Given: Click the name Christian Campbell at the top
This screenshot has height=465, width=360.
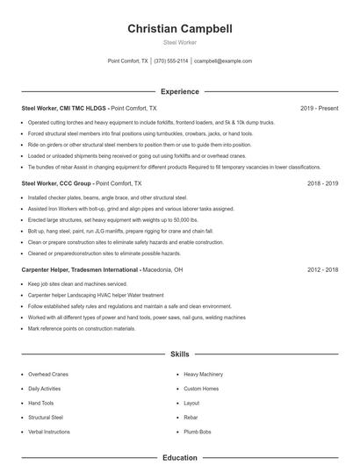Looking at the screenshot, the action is point(180,28).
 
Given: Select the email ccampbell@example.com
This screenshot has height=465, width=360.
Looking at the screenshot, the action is point(223,61).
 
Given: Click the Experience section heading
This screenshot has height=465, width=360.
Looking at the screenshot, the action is point(180,91).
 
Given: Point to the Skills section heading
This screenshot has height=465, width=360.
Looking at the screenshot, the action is point(180,354).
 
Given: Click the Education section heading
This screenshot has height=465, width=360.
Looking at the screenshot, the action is point(180,457).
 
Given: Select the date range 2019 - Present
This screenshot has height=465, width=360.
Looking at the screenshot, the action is point(319,108).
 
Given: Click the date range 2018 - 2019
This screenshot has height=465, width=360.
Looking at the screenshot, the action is point(322,184).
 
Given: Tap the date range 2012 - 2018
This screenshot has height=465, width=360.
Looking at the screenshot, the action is point(322,270).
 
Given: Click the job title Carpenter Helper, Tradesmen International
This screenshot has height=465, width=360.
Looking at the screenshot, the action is point(80,270).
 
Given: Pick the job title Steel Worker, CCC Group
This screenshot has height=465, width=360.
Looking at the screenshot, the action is point(57,184).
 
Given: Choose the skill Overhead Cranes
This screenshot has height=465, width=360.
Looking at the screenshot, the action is point(48,375).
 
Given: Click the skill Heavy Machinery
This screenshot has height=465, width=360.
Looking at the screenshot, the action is point(203,375).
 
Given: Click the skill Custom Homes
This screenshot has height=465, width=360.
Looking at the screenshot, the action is point(201,389).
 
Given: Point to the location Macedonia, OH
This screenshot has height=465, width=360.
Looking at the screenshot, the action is point(162,270).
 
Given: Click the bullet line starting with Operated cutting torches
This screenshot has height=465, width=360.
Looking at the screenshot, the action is point(151,123).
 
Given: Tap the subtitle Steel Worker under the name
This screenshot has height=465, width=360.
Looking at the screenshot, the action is point(180,42).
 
